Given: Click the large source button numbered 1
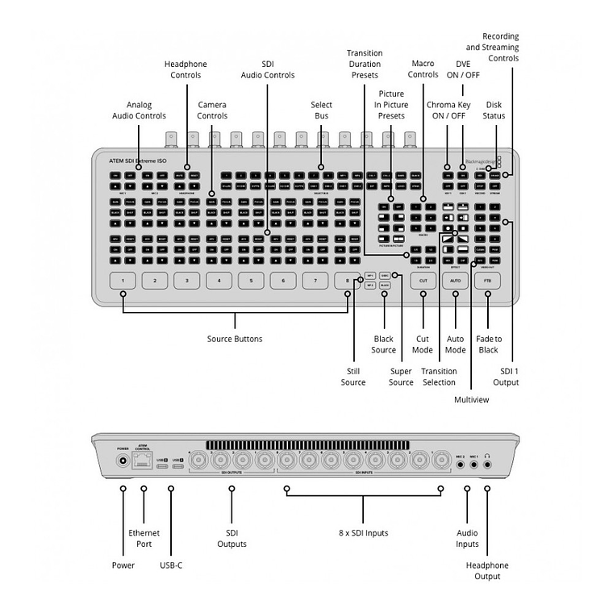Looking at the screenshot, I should [x=123, y=281].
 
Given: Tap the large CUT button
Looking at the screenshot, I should [x=423, y=281].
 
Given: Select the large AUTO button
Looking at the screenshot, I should [x=455, y=281].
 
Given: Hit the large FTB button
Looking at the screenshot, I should [x=487, y=281].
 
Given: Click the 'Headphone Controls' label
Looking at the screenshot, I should [x=186, y=70].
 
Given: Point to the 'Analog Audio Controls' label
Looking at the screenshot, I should [x=139, y=111].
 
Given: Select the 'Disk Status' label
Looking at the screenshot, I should [x=495, y=111].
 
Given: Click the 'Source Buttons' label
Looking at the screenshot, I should [x=235, y=339].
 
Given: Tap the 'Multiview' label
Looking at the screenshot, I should [x=471, y=399].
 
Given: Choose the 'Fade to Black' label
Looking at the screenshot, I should [x=487, y=344].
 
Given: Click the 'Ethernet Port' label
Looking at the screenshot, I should [x=144, y=538].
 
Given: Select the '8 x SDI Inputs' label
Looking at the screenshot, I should [x=362, y=533].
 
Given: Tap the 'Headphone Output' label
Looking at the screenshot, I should [x=487, y=571].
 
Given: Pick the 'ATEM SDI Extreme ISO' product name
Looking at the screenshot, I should [x=138, y=161].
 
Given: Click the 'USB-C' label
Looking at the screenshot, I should [x=171, y=565].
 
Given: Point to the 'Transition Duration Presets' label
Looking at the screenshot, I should [x=364, y=64].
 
